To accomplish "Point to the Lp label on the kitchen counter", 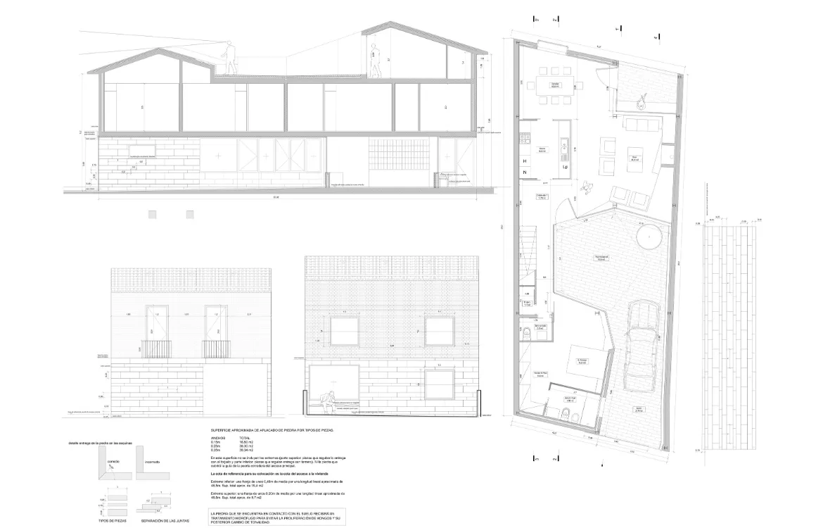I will (564, 168).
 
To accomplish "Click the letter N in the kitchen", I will (525, 172).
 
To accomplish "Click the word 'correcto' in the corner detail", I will (113, 462).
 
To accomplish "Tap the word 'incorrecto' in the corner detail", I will (152, 462).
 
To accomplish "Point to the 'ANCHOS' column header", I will (218, 437).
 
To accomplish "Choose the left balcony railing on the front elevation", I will (157, 348).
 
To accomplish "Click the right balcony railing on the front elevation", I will (216, 348).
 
